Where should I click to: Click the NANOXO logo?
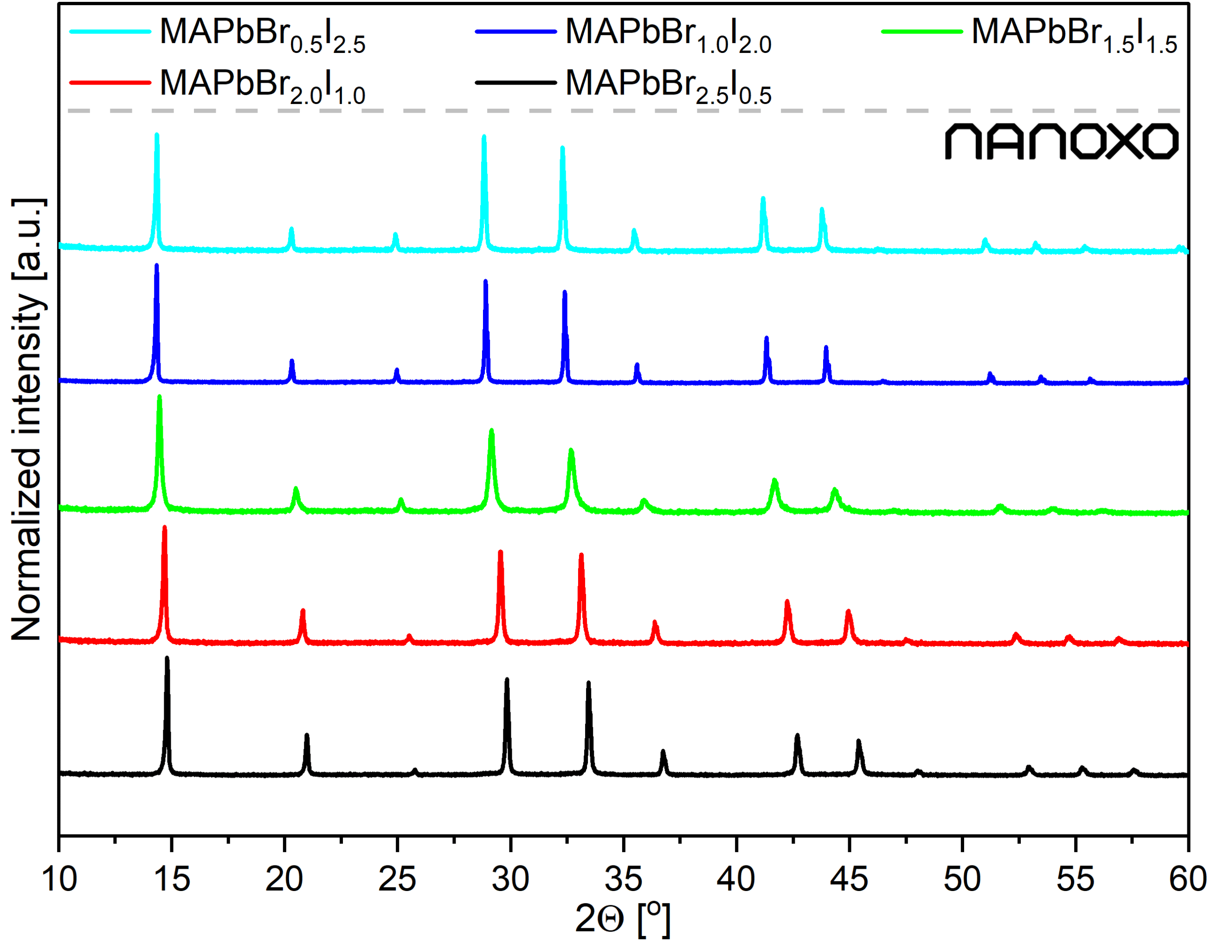pos(1062,141)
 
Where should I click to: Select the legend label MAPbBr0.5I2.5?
pos(262,35)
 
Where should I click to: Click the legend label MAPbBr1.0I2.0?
pos(667,35)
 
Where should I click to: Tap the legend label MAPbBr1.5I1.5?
pos(1073,35)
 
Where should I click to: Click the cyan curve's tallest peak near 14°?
pos(157,135)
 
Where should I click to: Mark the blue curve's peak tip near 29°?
pos(486,282)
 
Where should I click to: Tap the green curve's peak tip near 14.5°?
pos(160,397)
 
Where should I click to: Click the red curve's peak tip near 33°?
pos(581,555)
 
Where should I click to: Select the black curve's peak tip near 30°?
pos(507,680)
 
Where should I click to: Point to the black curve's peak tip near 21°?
pos(307,736)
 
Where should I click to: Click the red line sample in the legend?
pos(110,83)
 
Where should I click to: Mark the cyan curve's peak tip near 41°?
pos(763,199)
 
